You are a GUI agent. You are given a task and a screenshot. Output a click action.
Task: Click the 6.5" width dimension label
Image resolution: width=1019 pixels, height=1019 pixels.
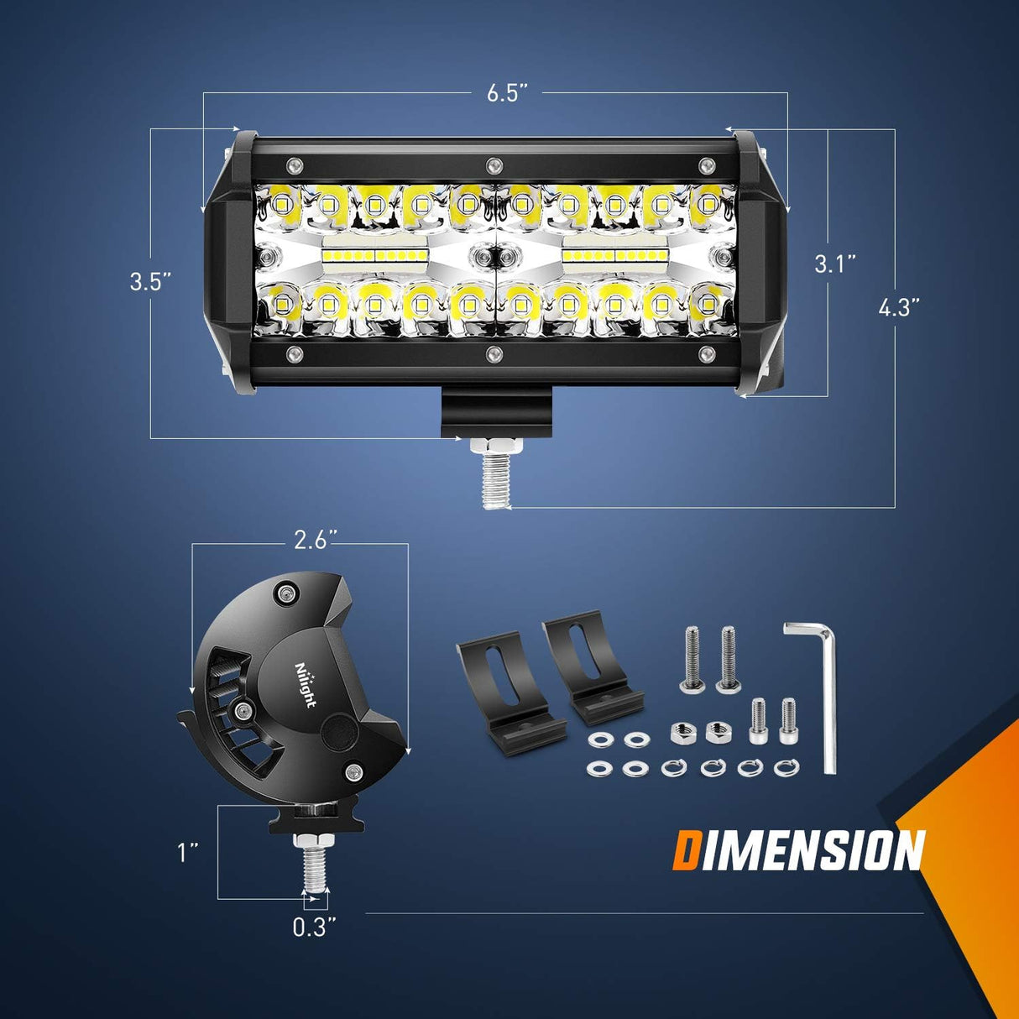click(x=507, y=92)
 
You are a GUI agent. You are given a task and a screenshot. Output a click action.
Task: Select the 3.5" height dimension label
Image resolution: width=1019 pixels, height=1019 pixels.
click(x=151, y=281)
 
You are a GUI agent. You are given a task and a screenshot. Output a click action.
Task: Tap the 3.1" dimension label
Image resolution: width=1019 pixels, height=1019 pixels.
click(x=835, y=264)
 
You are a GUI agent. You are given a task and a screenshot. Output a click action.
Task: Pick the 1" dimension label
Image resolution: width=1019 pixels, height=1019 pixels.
click(x=187, y=853)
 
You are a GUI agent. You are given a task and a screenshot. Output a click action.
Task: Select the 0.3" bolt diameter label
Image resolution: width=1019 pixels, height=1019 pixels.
click(x=315, y=928)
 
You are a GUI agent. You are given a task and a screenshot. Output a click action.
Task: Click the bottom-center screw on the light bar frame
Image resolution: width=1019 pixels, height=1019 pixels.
click(x=494, y=353)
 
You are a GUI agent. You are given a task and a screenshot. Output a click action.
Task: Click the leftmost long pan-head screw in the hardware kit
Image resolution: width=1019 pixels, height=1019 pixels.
click(x=692, y=659)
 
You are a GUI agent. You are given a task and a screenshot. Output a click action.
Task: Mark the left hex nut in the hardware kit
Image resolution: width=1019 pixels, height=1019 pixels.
click(x=682, y=733)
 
